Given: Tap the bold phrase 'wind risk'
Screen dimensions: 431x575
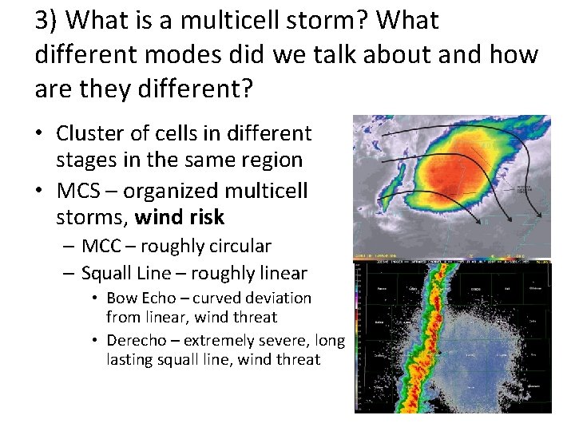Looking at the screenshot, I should coord(180,217).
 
